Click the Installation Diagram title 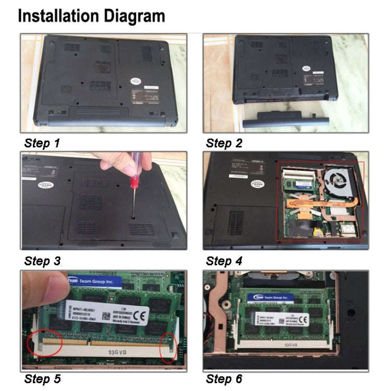(x=92, y=16)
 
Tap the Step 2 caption (x=224, y=143)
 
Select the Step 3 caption (x=42, y=261)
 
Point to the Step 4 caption (x=224, y=261)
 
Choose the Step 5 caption (x=42, y=379)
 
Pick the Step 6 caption (x=224, y=379)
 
